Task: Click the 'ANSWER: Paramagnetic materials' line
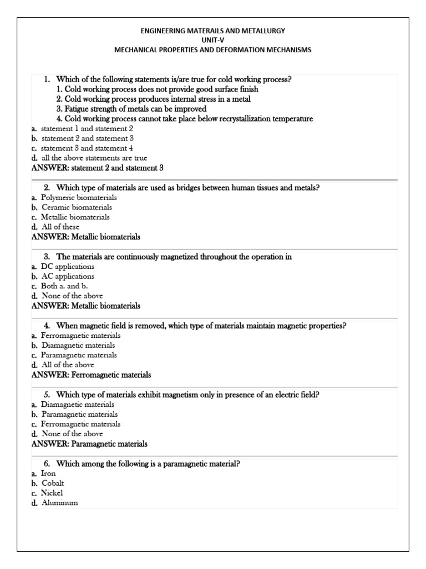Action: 90,444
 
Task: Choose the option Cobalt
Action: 53,483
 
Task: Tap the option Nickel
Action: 52,493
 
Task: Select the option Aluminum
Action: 59,503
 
